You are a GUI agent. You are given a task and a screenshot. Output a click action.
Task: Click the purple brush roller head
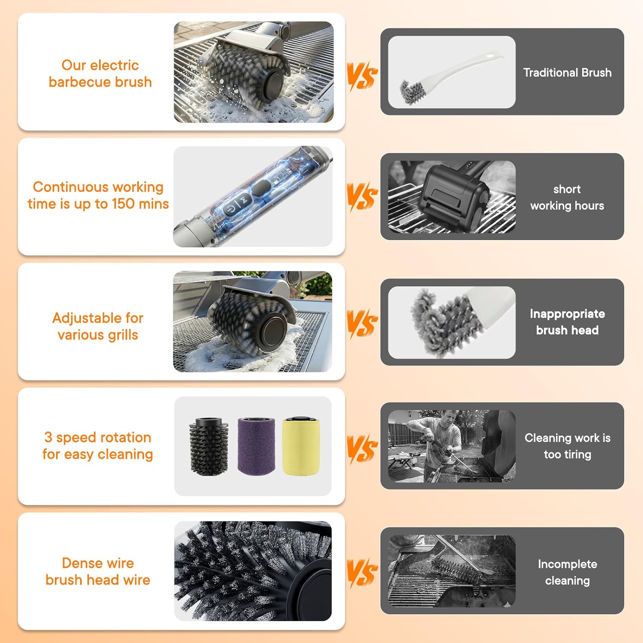256,446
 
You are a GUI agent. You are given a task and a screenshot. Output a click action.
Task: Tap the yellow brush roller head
301,446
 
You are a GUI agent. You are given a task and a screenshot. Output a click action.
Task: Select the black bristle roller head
209,446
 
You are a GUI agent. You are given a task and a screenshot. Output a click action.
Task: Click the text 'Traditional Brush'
567,72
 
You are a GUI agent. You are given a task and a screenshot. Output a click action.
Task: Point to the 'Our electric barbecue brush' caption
100,73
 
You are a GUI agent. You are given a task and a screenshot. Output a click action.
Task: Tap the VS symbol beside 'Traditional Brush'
362,76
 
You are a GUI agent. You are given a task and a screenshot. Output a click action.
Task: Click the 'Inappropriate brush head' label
567,321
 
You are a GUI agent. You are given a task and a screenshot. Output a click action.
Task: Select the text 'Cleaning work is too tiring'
567,446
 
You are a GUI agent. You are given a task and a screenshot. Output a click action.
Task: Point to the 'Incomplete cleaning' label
567,572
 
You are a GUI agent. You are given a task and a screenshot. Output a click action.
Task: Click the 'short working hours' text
567,197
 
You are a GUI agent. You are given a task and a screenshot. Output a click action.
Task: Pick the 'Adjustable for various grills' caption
98,326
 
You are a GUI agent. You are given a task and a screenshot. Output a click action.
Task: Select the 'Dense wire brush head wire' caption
98,571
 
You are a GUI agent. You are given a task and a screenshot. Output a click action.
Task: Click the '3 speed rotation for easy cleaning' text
98,446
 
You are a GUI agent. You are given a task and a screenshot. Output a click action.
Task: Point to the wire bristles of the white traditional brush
411,91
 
